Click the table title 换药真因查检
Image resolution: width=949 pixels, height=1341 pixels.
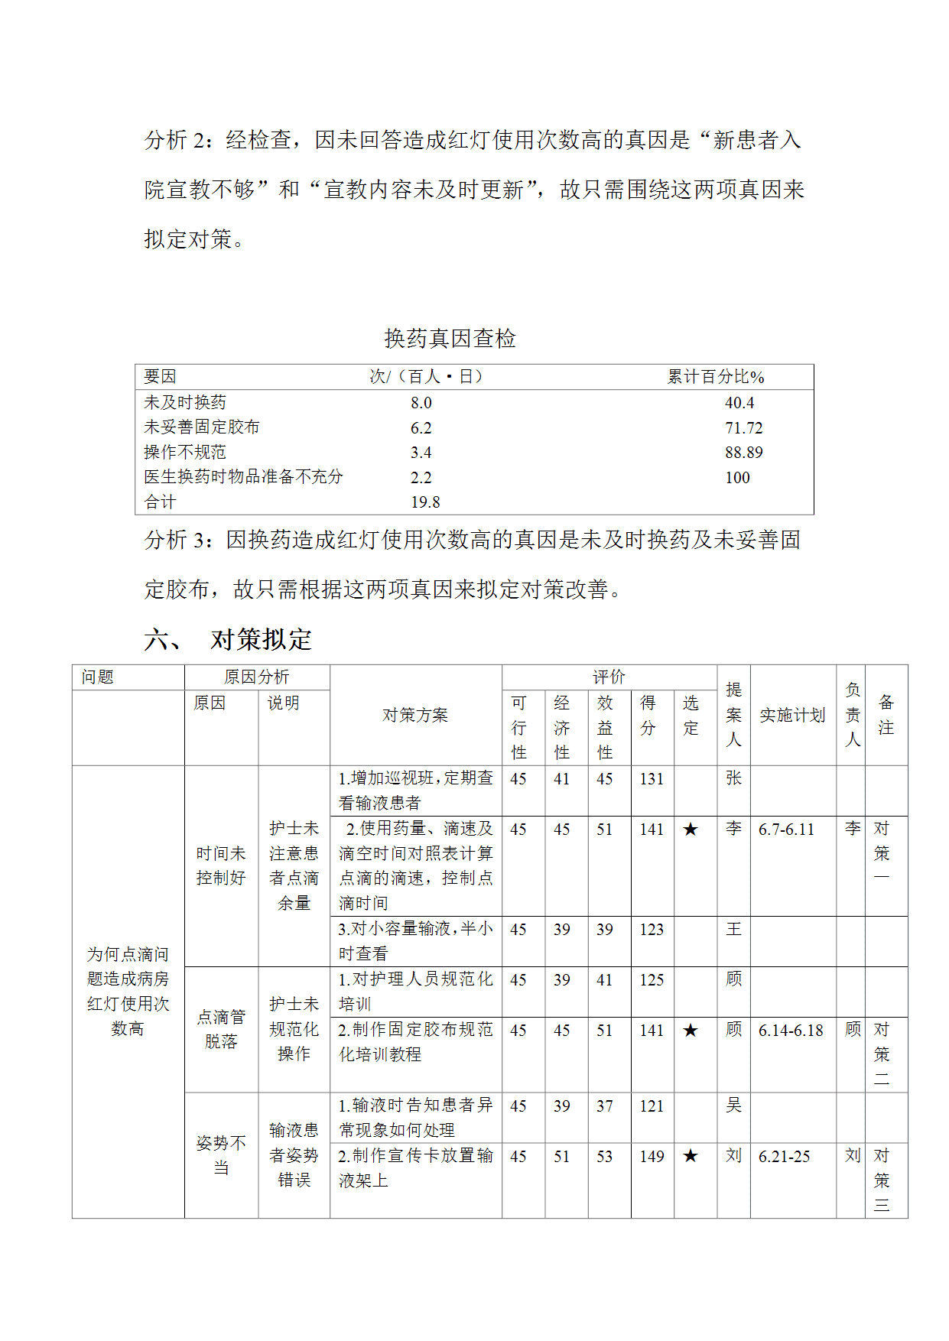point(450,339)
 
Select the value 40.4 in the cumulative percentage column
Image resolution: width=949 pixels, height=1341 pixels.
point(739,403)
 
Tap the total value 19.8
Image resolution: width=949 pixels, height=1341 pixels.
point(425,502)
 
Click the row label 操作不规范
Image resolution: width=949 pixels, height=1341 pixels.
point(185,453)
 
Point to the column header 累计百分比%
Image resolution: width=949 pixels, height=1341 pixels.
point(716,377)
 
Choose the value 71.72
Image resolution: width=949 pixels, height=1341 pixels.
point(744,428)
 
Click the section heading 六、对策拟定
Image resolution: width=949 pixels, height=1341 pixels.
point(228,639)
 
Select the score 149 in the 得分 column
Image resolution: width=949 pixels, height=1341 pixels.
point(652,1157)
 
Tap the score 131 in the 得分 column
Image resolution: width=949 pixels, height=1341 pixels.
point(652,779)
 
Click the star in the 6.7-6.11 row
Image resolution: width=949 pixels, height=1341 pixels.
point(691,830)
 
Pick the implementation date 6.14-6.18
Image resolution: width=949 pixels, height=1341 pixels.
point(791,1031)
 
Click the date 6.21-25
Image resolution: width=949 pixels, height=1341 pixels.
point(784,1157)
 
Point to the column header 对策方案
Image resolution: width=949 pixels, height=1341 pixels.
point(415,716)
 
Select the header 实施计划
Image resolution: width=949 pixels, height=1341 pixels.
point(792,716)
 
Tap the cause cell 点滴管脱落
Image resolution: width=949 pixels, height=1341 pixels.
point(221,1029)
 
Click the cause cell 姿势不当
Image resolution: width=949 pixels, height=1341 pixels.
point(221,1155)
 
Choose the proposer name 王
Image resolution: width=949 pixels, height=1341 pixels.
point(733,930)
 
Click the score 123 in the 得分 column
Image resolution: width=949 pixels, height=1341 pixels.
point(652,930)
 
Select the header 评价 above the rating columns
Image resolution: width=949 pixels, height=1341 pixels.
point(609,677)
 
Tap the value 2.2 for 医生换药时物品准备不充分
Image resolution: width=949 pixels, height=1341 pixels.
point(421,478)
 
